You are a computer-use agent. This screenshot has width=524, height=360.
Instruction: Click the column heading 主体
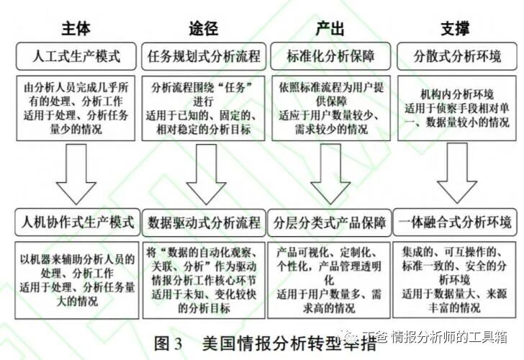[77, 29]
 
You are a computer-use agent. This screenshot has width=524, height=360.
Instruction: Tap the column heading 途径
[203, 29]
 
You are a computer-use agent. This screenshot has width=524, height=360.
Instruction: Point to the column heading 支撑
[455, 29]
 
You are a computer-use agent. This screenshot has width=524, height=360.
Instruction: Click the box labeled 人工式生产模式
[77, 55]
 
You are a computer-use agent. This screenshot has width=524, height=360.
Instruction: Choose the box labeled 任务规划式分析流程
[203, 55]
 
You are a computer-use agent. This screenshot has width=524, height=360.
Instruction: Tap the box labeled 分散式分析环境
[455, 55]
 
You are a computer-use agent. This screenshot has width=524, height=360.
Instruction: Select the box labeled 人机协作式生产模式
[77, 222]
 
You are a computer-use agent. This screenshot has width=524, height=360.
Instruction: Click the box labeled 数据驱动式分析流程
[203, 222]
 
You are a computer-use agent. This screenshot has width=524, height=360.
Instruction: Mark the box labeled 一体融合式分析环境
[456, 222]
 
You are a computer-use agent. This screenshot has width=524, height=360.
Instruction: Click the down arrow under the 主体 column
[77, 172]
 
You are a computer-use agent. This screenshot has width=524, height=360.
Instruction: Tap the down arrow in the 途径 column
[203, 172]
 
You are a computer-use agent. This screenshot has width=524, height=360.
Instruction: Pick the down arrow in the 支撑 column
[456, 172]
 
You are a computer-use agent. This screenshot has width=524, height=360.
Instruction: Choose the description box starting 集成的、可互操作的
[456, 277]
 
